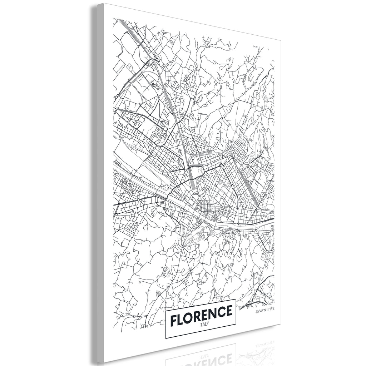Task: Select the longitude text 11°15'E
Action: pos(272,311)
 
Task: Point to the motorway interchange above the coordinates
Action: pos(263,293)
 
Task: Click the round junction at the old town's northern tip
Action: pos(222,165)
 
